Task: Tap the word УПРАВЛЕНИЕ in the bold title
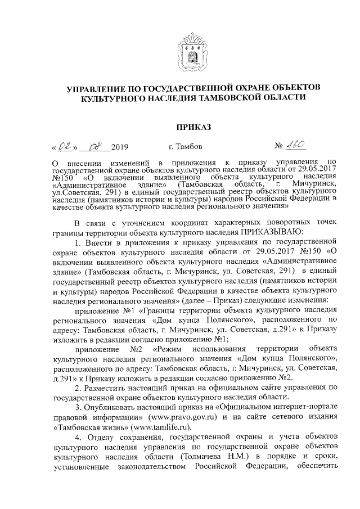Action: point(101,88)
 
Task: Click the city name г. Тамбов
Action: point(186,148)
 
